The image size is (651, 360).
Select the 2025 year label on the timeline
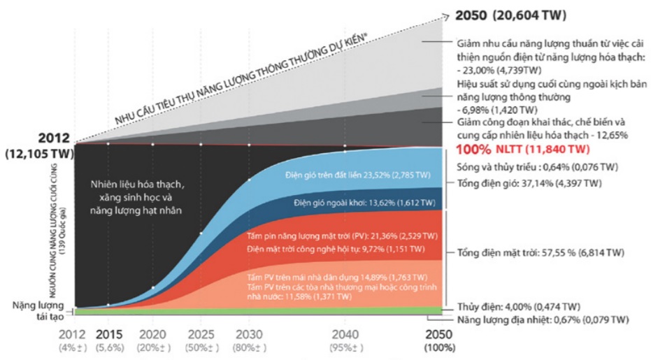pyautogui.click(x=201, y=334)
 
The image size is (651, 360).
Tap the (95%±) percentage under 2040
pyautogui.click(x=344, y=347)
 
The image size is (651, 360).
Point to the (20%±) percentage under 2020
pyautogui.click(x=153, y=347)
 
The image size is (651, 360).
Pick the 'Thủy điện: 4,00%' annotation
pyautogui.click(x=518, y=306)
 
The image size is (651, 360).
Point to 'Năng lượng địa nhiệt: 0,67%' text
pyautogui.click(x=543, y=320)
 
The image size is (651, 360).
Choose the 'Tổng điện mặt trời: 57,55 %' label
pyautogui.click(x=541, y=252)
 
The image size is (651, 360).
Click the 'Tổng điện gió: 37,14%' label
pyautogui.click(x=529, y=183)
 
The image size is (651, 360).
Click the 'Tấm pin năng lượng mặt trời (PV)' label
pyautogui.click(x=343, y=236)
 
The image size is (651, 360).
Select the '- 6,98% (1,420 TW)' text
pyautogui.click(x=496, y=110)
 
